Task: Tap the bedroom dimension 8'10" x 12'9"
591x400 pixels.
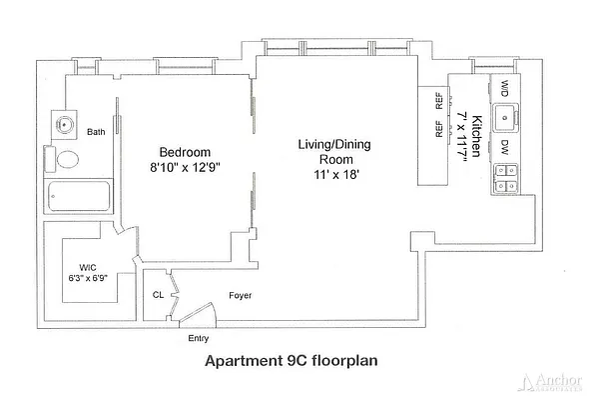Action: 183,168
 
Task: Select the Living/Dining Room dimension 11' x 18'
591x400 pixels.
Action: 333,174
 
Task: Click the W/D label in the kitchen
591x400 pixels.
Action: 505,87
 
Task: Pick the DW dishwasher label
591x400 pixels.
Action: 505,146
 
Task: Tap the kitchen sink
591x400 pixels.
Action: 505,116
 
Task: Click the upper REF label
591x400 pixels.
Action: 438,100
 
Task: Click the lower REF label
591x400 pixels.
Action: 438,128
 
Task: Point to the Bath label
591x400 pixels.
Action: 97,132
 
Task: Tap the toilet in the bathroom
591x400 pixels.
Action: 66,160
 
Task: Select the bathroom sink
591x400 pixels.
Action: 64,126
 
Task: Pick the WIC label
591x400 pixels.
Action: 87,267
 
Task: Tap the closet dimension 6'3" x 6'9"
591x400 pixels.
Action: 87,279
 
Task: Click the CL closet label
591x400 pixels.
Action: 159,295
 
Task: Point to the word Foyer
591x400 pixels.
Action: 240,295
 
